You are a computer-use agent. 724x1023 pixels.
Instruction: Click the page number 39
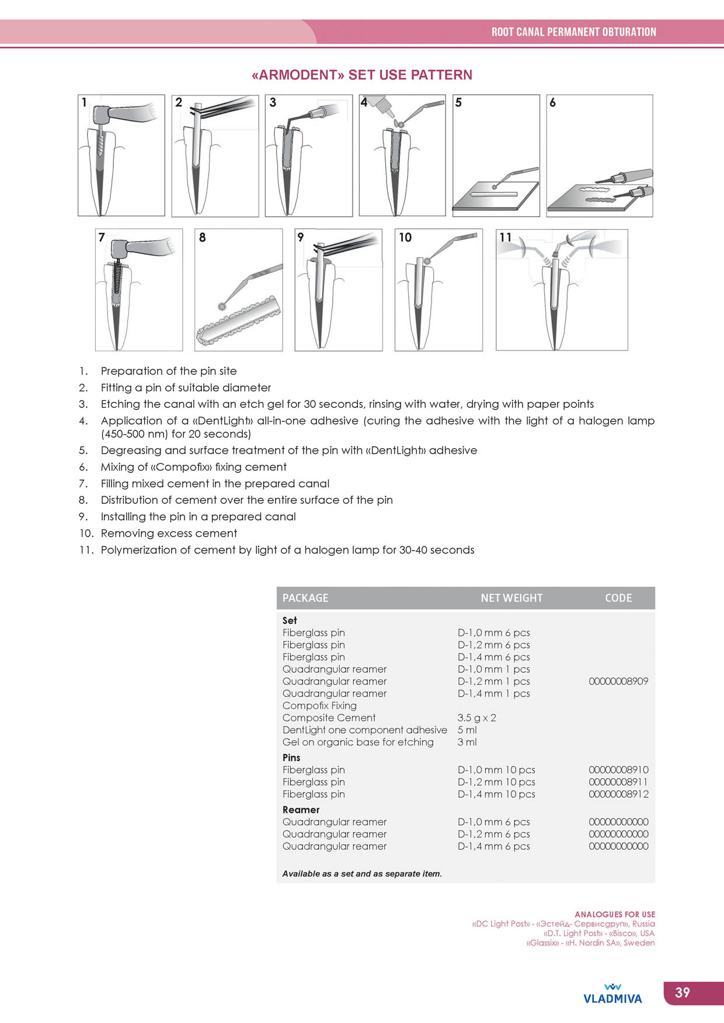click(682, 993)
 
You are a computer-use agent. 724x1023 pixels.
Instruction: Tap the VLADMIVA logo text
click(612, 999)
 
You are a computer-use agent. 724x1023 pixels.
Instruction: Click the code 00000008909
click(618, 681)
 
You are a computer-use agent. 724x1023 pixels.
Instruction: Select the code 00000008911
click(618, 782)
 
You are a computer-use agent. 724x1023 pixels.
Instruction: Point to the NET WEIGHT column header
click(511, 598)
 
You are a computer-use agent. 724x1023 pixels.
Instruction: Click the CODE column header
click(618, 598)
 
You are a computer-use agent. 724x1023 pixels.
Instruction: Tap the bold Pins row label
click(291, 758)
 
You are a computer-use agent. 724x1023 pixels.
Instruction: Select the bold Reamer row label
click(301, 810)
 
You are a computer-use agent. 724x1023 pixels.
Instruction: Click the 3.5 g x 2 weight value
click(476, 718)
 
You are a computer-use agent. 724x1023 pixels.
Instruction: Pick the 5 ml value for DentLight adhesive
click(467, 730)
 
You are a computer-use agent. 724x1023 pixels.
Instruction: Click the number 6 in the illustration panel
click(552, 103)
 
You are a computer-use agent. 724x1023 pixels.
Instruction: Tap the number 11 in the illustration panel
click(505, 237)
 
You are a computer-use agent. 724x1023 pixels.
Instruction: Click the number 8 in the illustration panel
click(202, 237)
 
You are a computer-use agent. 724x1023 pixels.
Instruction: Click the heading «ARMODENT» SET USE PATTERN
click(361, 75)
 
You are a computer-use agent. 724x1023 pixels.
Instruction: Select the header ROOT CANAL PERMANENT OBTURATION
click(573, 32)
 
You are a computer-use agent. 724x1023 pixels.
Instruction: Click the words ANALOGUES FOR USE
click(615, 915)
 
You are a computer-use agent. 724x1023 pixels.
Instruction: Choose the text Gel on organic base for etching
click(358, 742)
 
